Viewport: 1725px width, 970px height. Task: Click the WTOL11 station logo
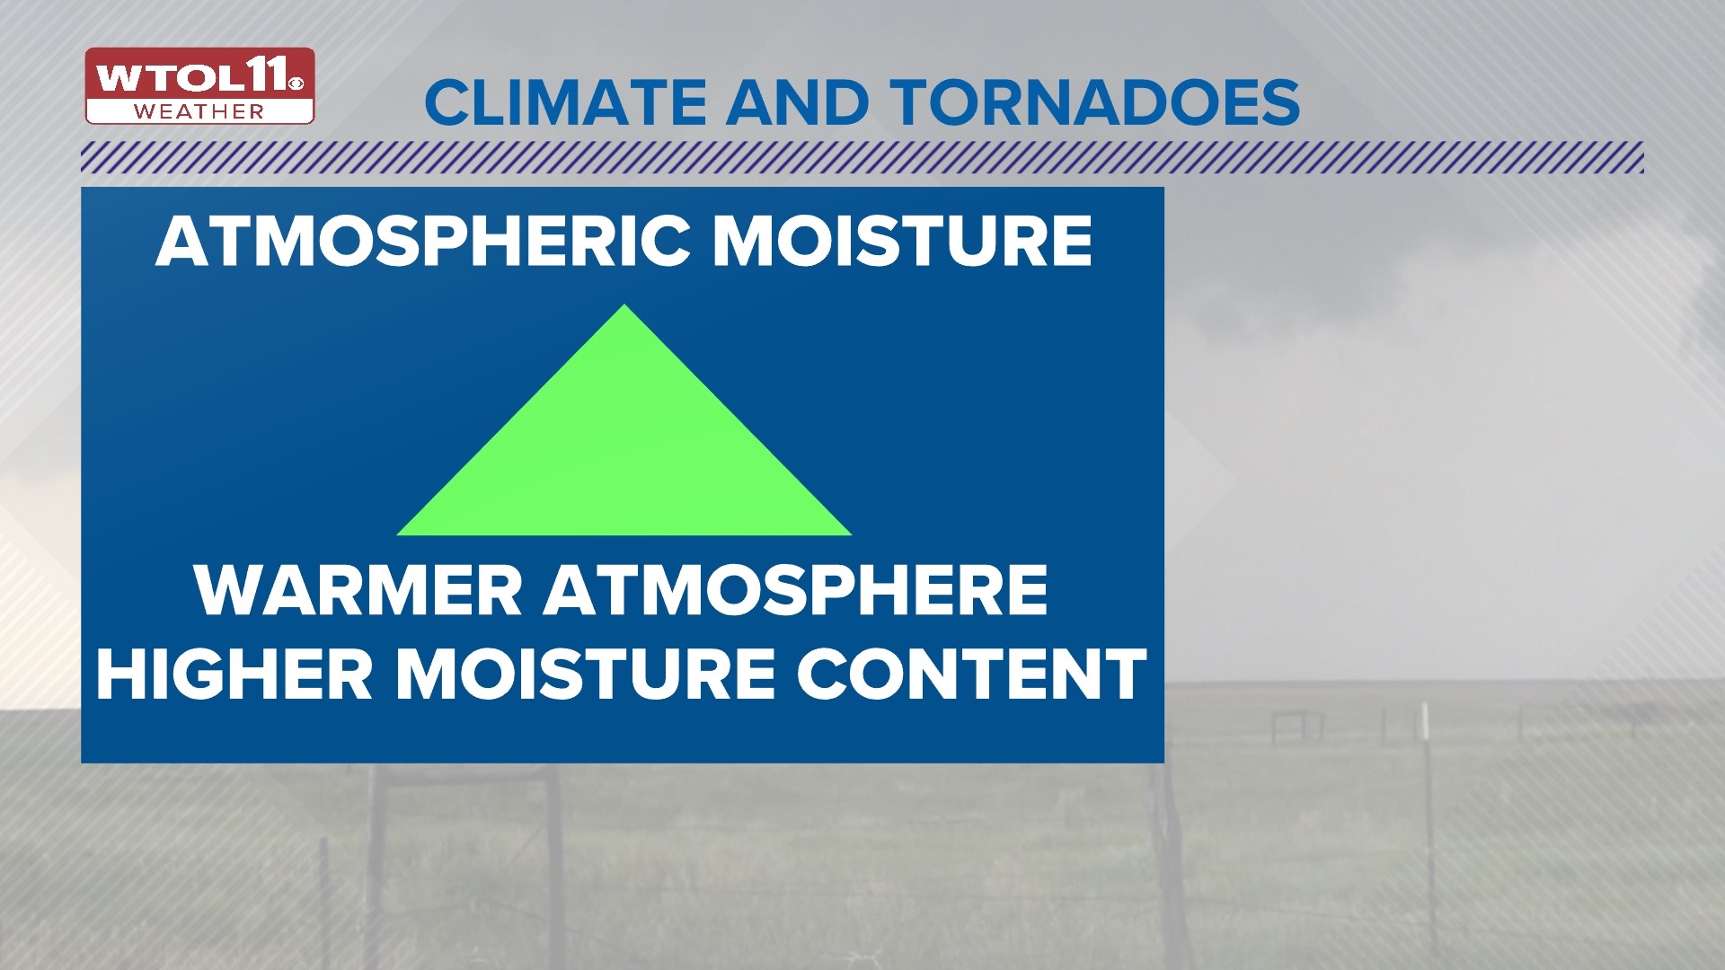(199, 85)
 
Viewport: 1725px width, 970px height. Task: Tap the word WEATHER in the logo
(199, 112)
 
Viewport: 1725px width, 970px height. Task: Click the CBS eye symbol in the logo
(297, 84)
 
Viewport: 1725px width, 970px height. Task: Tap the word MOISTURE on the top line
(902, 242)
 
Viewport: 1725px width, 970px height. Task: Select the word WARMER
(358, 590)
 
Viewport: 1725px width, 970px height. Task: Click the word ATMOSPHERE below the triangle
(795, 590)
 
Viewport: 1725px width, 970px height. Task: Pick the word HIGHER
(234, 674)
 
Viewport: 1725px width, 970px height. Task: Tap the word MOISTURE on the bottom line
(585, 674)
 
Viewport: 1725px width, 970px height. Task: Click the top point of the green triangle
(624, 307)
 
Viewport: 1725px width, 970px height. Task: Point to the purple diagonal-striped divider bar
(862, 157)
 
